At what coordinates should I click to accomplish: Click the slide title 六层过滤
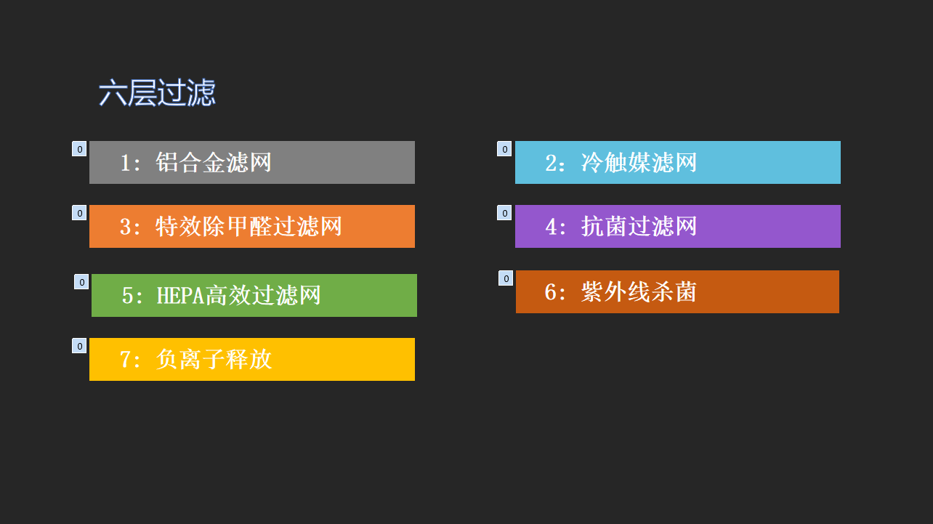(x=157, y=92)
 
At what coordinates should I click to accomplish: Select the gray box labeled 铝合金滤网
(x=252, y=163)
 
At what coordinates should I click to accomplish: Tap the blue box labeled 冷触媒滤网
(x=678, y=163)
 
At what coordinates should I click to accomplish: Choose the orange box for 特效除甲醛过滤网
(x=252, y=226)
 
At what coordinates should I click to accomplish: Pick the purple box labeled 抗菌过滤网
(x=678, y=226)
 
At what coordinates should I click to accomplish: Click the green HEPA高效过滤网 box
(x=254, y=295)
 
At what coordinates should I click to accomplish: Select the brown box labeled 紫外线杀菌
(x=677, y=291)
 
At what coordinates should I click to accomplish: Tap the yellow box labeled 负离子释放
(x=252, y=359)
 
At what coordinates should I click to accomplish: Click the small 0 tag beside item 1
(x=79, y=149)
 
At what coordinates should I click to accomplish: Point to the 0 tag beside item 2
(x=504, y=149)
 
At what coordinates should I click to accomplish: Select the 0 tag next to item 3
(x=79, y=213)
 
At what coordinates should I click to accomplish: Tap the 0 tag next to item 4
(x=504, y=213)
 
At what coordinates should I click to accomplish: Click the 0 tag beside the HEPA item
(x=81, y=281)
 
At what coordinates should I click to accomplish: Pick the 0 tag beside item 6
(x=506, y=278)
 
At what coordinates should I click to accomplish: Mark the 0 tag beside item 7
(x=79, y=346)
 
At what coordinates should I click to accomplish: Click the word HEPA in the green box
(x=181, y=295)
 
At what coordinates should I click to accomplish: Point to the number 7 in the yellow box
(x=125, y=360)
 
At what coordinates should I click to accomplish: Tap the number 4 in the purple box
(x=551, y=227)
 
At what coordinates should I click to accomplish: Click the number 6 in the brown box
(x=550, y=291)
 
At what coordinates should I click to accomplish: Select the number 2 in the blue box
(x=551, y=163)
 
